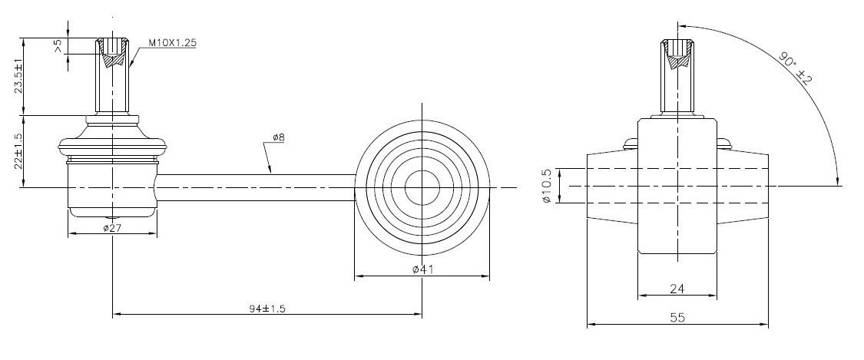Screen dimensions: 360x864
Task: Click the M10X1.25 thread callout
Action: tap(172, 43)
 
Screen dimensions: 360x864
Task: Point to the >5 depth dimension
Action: tap(58, 47)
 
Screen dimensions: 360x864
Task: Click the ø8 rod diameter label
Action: tap(278, 138)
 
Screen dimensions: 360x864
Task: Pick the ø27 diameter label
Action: tap(112, 228)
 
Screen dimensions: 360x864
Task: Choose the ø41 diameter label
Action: tap(424, 269)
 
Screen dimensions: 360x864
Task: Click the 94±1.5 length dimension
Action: tap(268, 307)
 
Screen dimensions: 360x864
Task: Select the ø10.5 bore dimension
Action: tap(547, 186)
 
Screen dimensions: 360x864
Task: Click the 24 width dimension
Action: tap(677, 289)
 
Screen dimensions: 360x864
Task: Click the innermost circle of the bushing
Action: tap(422, 186)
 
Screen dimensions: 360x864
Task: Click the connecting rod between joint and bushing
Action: tap(253, 187)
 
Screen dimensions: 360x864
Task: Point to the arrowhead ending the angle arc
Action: tap(838, 180)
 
